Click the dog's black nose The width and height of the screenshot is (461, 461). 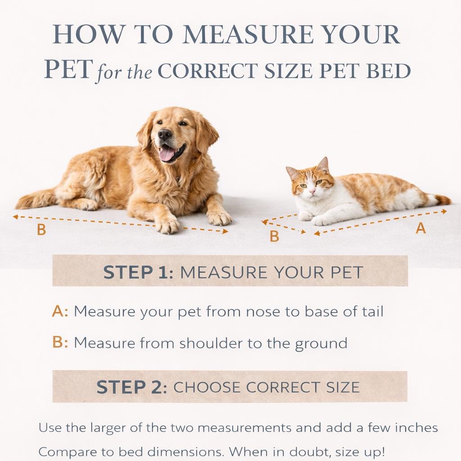(x=164, y=134)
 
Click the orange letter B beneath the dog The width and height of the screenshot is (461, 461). (x=41, y=230)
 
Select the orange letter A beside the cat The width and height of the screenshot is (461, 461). (x=421, y=228)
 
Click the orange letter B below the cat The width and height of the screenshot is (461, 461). (x=274, y=236)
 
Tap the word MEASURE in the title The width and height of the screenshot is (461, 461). (x=248, y=35)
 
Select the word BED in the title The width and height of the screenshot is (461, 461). (x=388, y=71)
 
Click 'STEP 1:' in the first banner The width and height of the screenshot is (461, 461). (x=138, y=272)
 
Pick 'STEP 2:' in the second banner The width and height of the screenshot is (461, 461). (x=132, y=387)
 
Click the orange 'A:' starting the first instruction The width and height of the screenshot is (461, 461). (x=60, y=312)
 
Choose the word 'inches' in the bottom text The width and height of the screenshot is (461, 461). (x=416, y=428)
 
